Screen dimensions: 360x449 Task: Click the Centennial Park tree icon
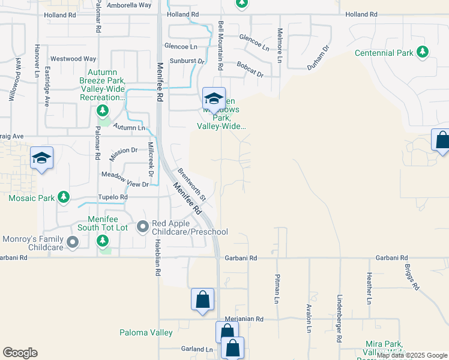423,53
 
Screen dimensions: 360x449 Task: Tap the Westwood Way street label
74,59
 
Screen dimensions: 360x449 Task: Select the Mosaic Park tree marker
62,197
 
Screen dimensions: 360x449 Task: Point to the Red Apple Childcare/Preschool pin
143,227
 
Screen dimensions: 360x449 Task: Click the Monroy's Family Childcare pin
73,242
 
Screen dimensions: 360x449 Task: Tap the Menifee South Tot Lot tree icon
103,241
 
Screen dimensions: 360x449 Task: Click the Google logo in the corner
20,353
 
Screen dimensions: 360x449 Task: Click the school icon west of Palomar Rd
41,158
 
